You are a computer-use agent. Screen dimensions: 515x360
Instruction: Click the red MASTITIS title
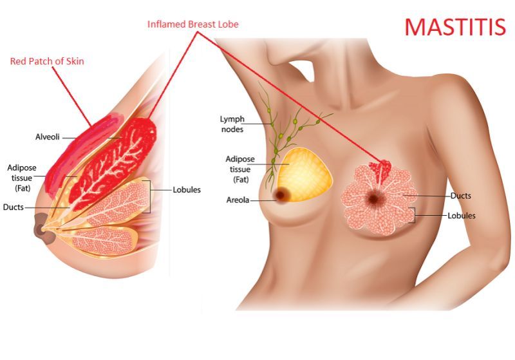[x=455, y=26]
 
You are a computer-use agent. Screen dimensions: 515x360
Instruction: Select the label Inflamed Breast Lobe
[x=192, y=24]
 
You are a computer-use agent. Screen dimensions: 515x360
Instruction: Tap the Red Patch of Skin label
[x=47, y=61]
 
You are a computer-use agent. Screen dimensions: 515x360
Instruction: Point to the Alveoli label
[x=47, y=137]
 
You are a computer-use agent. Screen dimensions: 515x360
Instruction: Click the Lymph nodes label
[x=232, y=124]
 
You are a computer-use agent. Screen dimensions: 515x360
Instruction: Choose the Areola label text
[x=238, y=200]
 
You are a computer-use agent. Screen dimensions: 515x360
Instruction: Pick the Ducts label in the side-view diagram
[x=13, y=207]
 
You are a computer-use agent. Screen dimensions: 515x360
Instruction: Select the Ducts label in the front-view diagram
[x=460, y=196]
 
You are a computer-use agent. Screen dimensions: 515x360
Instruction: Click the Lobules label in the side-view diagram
[x=187, y=190]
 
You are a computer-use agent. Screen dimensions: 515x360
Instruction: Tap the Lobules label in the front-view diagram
[x=462, y=216]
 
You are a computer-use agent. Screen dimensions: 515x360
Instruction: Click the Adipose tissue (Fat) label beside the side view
[x=22, y=178]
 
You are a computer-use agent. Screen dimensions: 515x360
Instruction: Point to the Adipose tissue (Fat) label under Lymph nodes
[x=240, y=169]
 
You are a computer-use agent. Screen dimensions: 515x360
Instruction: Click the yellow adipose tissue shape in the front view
[x=304, y=175]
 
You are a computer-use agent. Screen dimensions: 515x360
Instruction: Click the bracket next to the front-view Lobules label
[x=412, y=215]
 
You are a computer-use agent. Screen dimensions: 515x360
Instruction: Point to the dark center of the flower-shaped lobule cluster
[x=373, y=198]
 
